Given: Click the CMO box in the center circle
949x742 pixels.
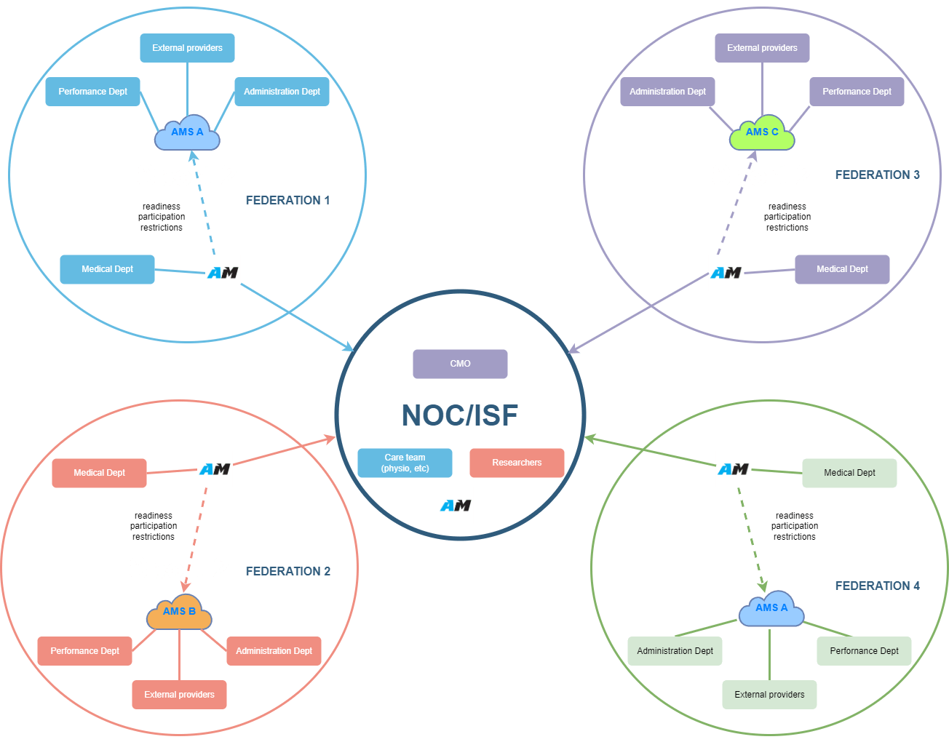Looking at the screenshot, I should tap(460, 364).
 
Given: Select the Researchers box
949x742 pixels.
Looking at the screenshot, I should tap(517, 463).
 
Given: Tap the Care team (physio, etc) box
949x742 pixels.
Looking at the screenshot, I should tap(405, 463).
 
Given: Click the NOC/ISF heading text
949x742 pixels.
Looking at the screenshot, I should tap(460, 415).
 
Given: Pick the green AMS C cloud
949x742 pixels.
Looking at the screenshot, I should tap(762, 133).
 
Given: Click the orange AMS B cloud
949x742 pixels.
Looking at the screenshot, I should tap(179, 613).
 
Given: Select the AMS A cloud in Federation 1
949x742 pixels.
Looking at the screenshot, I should tap(187, 133).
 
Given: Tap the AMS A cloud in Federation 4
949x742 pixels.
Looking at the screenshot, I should tap(771, 609).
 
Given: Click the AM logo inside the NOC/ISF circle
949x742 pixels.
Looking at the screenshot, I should tap(456, 506).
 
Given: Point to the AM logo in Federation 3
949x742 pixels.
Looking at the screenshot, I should tap(726, 273).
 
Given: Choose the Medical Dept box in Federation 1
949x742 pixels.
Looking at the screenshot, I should tap(107, 269).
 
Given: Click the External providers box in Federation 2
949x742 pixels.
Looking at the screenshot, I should tap(179, 695).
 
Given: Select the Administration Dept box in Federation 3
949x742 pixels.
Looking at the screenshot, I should tap(667, 92).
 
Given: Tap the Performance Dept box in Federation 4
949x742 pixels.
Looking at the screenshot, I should tap(864, 651).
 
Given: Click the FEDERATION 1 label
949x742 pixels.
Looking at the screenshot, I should tap(287, 200).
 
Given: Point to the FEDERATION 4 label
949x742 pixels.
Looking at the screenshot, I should tap(877, 586).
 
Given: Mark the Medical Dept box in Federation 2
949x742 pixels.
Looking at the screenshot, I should tap(99, 473).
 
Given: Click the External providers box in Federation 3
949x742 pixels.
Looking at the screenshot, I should tap(762, 48).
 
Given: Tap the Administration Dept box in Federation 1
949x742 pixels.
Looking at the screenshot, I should tap(282, 92).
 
